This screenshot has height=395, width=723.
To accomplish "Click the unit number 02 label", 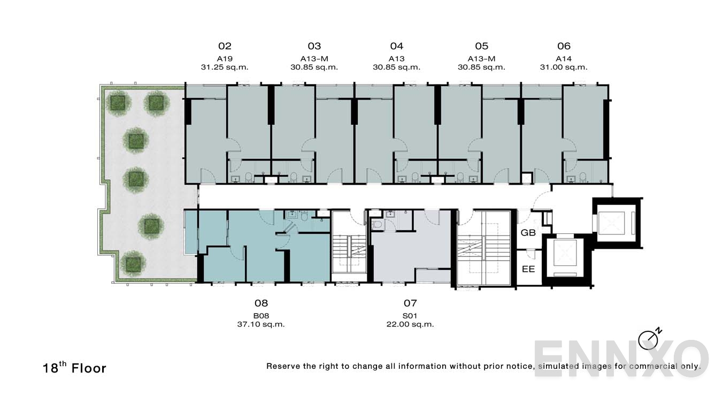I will pyautogui.click(x=225, y=47).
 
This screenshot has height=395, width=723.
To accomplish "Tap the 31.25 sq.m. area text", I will pyautogui.click(x=221, y=67).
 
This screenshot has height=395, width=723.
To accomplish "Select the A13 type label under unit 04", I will pyautogui.click(x=396, y=59).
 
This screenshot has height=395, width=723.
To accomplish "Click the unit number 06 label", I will pyautogui.click(x=564, y=47).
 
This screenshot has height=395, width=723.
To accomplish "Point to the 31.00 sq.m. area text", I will pyautogui.click(x=564, y=67).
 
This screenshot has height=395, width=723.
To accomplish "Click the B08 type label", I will pyautogui.click(x=261, y=316).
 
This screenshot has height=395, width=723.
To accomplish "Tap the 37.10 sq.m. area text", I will pyautogui.click(x=261, y=324).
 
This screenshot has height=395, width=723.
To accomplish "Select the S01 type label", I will pyautogui.click(x=410, y=316).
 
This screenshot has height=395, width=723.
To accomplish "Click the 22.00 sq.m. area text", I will pyautogui.click(x=410, y=324).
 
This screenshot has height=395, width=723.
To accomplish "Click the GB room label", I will pyautogui.click(x=528, y=233).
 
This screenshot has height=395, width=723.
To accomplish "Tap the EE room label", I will pyautogui.click(x=528, y=269).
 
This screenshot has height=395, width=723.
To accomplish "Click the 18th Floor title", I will pyautogui.click(x=75, y=368).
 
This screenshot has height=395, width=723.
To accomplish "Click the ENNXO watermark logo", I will pyautogui.click(x=620, y=359).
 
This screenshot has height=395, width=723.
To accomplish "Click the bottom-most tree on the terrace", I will pyautogui.click(x=132, y=263).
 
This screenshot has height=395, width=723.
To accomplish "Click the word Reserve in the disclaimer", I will pyautogui.click(x=284, y=367).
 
